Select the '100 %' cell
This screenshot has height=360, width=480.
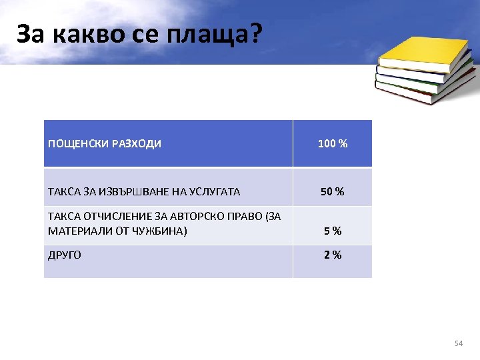pos(332,144)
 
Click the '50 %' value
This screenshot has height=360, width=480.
pos(332,192)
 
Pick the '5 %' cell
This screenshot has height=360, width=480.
pos(332,231)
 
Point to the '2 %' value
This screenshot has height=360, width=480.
pos(332,255)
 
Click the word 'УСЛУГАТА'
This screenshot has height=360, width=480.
pos(213,192)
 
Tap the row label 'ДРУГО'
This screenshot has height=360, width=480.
pos(65,255)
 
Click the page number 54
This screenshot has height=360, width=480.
pos(458,343)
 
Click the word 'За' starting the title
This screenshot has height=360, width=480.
pos(31,35)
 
